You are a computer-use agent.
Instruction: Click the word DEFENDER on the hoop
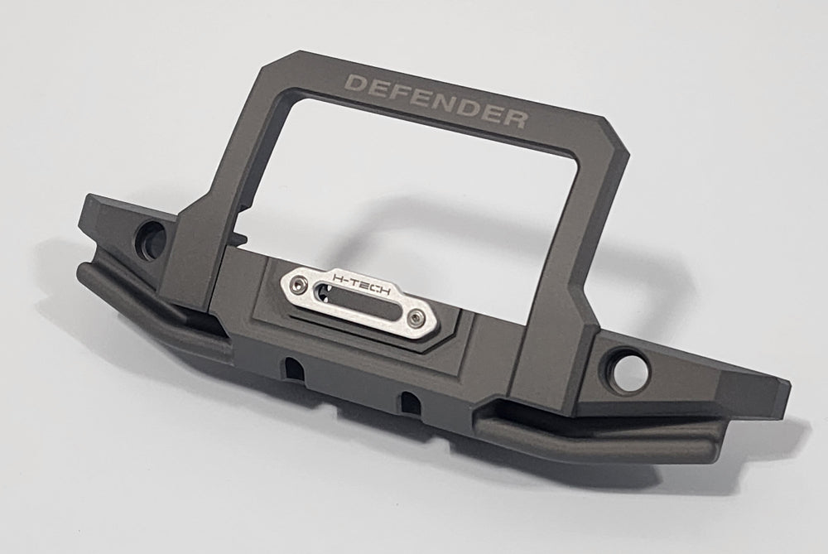(x=436, y=101)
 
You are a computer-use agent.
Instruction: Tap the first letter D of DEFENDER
(x=354, y=84)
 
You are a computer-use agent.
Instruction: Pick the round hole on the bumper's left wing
(x=152, y=234)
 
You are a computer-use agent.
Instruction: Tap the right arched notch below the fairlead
(x=408, y=402)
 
